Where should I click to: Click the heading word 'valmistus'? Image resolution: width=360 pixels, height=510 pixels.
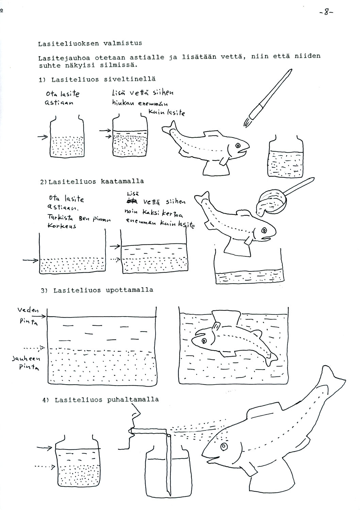(119, 44)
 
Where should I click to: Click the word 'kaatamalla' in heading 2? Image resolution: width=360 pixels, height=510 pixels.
(122, 181)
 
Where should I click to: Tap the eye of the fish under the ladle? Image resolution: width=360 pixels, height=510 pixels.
(264, 231)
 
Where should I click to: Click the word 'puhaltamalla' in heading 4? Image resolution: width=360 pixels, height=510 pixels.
(133, 400)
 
